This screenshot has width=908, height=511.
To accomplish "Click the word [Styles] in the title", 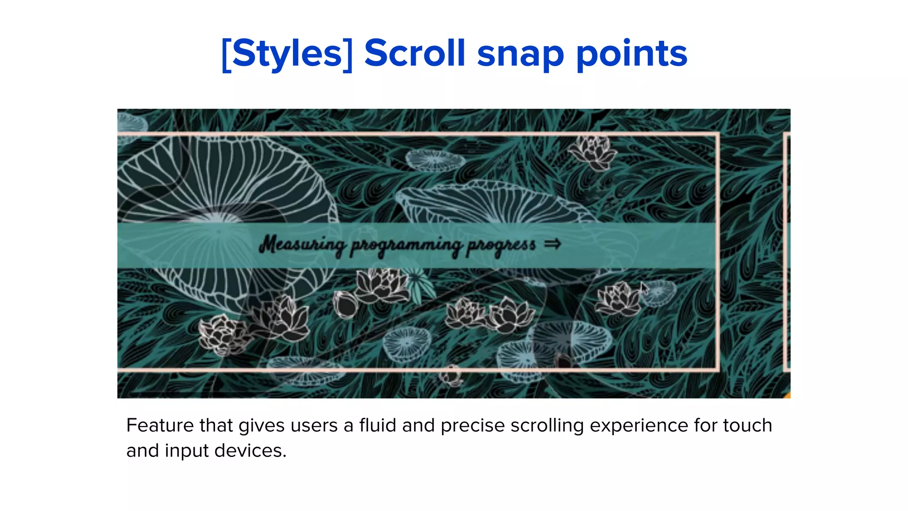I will [x=287, y=54].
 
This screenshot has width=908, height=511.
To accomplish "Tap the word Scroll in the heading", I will [x=415, y=54].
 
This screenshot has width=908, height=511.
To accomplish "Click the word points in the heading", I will [x=631, y=54].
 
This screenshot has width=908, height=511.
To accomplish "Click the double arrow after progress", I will [x=552, y=244].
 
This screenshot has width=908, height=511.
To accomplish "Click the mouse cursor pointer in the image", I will [x=644, y=288].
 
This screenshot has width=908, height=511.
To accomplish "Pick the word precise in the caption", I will [x=473, y=425].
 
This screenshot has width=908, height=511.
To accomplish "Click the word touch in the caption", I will [x=748, y=425].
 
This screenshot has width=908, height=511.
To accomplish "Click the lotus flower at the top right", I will [x=592, y=152].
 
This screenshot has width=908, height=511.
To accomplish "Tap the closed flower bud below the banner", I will [x=345, y=304].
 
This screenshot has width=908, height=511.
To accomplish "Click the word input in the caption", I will [x=187, y=451].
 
